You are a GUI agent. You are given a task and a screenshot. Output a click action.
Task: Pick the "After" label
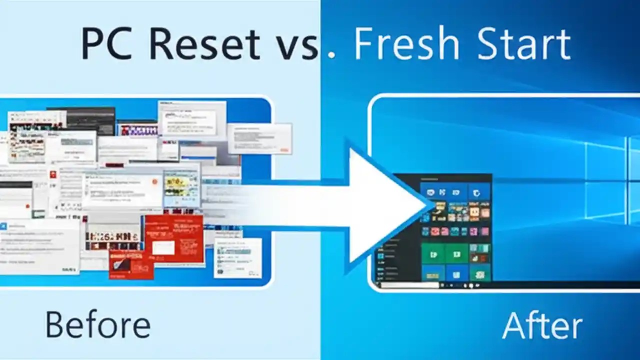(x=542, y=325)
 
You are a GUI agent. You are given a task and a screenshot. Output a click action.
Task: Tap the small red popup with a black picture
(x=131, y=264)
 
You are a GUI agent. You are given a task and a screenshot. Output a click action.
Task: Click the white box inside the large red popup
(x=163, y=247)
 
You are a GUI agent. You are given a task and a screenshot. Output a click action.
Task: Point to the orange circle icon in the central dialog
(x=155, y=182)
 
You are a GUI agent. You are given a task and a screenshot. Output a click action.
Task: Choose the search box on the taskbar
(x=407, y=285)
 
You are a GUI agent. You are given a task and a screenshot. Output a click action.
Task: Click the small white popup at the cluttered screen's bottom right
(x=237, y=257)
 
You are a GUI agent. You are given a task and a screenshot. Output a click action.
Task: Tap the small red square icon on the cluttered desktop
(x=52, y=174)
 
